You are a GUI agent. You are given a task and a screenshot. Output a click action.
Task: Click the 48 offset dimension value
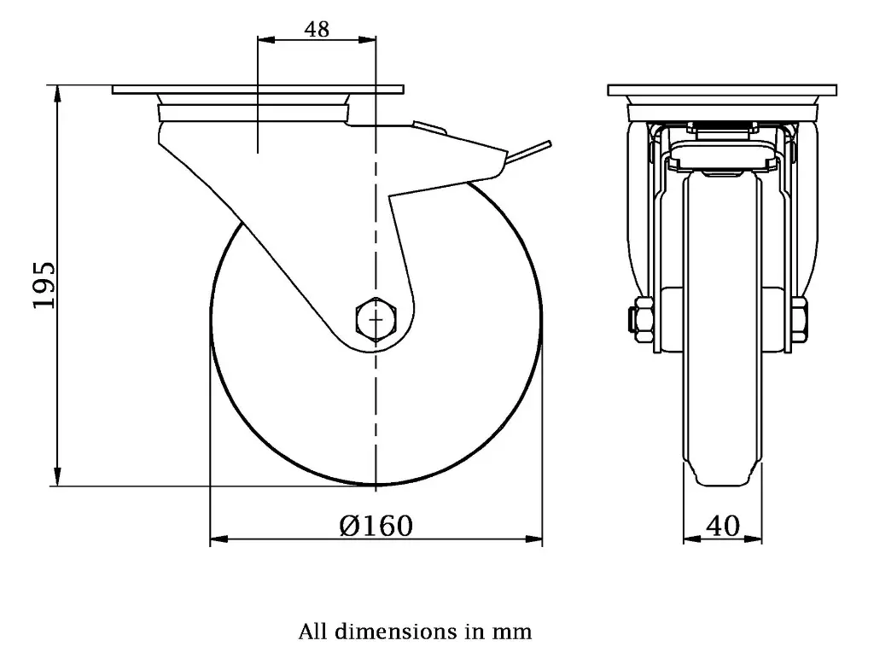pos(317,28)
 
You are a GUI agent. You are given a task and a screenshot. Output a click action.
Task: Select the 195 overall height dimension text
pos(44,285)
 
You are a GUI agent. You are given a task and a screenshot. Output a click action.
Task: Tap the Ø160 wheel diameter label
pos(376,526)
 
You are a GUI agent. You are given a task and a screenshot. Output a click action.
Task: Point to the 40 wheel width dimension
pos(723,527)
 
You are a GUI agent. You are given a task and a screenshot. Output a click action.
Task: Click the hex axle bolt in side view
pos(375,318)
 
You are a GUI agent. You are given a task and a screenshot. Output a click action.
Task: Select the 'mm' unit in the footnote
pos(512,632)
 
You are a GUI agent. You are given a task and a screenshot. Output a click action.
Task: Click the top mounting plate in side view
pos(257,90)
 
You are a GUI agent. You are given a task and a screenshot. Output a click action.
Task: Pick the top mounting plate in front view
pos(722,90)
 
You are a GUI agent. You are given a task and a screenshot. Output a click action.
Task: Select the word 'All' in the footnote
pos(312,632)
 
